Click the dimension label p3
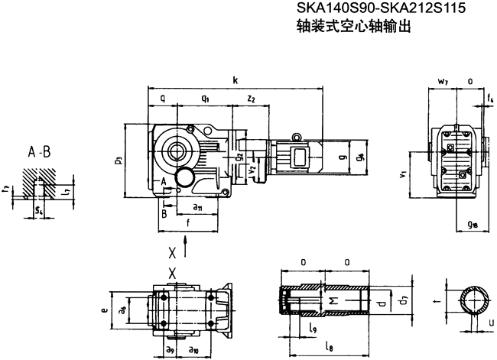click(x=118, y=161)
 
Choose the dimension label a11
click(x=197, y=207)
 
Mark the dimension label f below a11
click(x=188, y=224)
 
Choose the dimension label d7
click(x=406, y=305)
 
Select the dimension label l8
click(x=329, y=349)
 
